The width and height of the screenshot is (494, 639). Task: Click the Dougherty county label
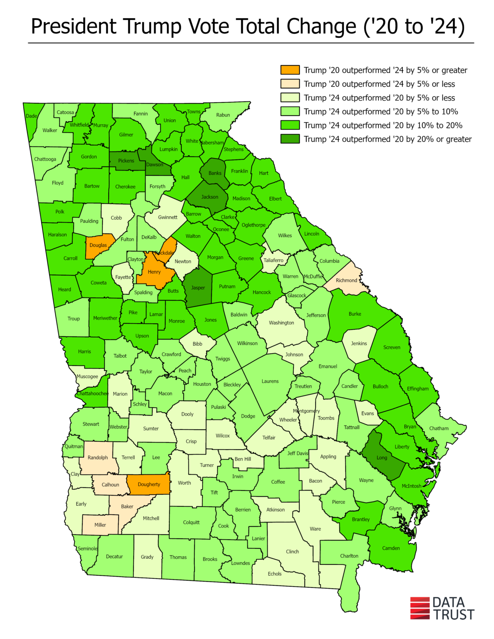coord(149,484)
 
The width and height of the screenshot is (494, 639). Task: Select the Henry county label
coord(154,272)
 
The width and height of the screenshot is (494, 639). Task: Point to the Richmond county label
coord(346,280)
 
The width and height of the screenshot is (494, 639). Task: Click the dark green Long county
coord(382,458)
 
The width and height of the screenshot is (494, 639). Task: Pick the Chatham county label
coord(439,428)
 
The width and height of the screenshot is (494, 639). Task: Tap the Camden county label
coord(391,548)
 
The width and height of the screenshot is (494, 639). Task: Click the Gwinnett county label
coord(168,217)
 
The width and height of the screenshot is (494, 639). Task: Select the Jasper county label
coord(198,287)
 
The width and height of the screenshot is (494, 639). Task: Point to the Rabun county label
coord(223,115)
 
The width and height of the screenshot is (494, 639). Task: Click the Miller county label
coord(100,525)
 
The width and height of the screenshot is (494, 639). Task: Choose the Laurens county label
coord(270,381)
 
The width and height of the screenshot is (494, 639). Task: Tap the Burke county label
coord(355,314)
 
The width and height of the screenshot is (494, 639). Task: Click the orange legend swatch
coord(290,70)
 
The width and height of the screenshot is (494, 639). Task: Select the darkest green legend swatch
coord(290,139)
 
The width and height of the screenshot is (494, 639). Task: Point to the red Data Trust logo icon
coord(420,608)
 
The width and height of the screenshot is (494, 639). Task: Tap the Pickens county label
coord(126,161)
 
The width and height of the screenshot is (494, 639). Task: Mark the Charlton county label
coord(349,555)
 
